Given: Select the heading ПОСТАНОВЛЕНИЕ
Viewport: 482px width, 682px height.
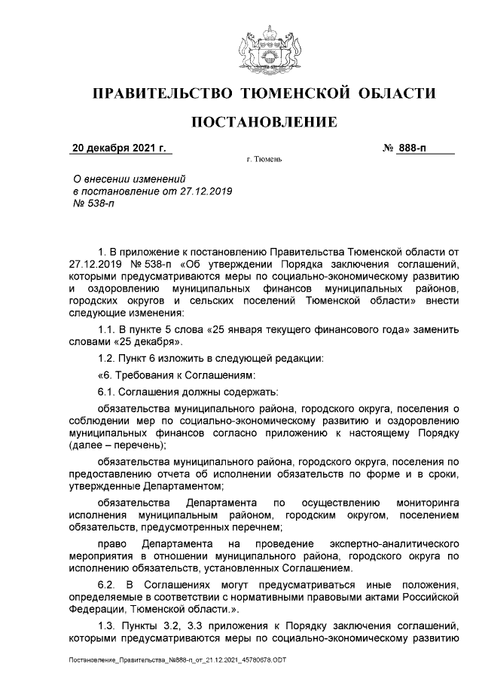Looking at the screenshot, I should tap(263, 122).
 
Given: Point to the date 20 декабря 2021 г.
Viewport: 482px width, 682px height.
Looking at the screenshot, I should tap(118, 148).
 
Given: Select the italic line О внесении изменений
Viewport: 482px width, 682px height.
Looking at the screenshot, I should tap(127, 179).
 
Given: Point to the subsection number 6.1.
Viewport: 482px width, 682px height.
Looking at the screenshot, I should tap(108, 391).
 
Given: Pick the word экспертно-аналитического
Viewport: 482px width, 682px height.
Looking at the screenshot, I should tap(395, 543).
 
